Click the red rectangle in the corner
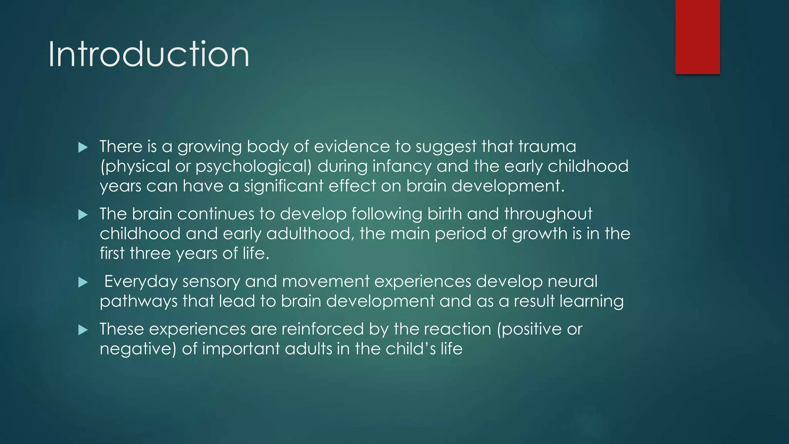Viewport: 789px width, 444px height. [697, 37]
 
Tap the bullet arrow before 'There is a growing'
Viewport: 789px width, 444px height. [83, 147]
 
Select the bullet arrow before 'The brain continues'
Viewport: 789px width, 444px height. [83, 215]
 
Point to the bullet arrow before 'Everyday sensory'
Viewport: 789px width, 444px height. [83, 283]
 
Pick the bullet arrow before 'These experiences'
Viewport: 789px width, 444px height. [83, 330]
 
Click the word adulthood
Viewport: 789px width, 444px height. [310, 234]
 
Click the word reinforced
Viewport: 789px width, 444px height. [322, 329]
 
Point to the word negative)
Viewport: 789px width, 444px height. [138, 349]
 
